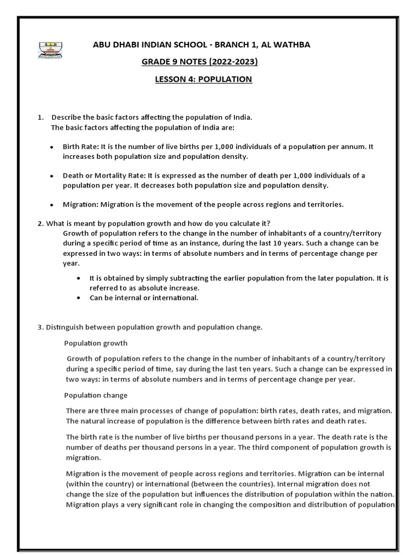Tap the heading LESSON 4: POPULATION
pyautogui.click(x=203, y=79)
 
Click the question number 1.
pyautogui.click(x=40, y=118)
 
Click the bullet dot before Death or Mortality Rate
pyautogui.click(x=51, y=176)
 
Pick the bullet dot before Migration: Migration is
pyautogui.click(x=51, y=205)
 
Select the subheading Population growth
pyautogui.click(x=96, y=343)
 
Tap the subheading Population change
pyautogui.click(x=96, y=395)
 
